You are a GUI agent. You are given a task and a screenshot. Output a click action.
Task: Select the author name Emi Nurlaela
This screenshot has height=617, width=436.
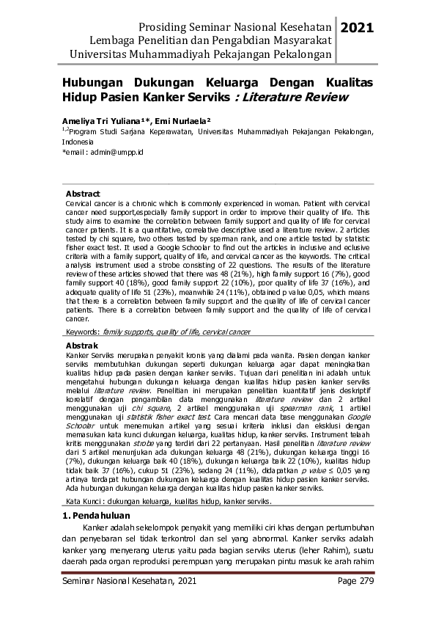(x=180, y=119)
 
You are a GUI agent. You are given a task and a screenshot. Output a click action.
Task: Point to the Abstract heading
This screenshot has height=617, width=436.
(x=83, y=194)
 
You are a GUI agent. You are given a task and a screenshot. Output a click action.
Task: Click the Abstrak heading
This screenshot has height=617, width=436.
(x=82, y=343)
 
